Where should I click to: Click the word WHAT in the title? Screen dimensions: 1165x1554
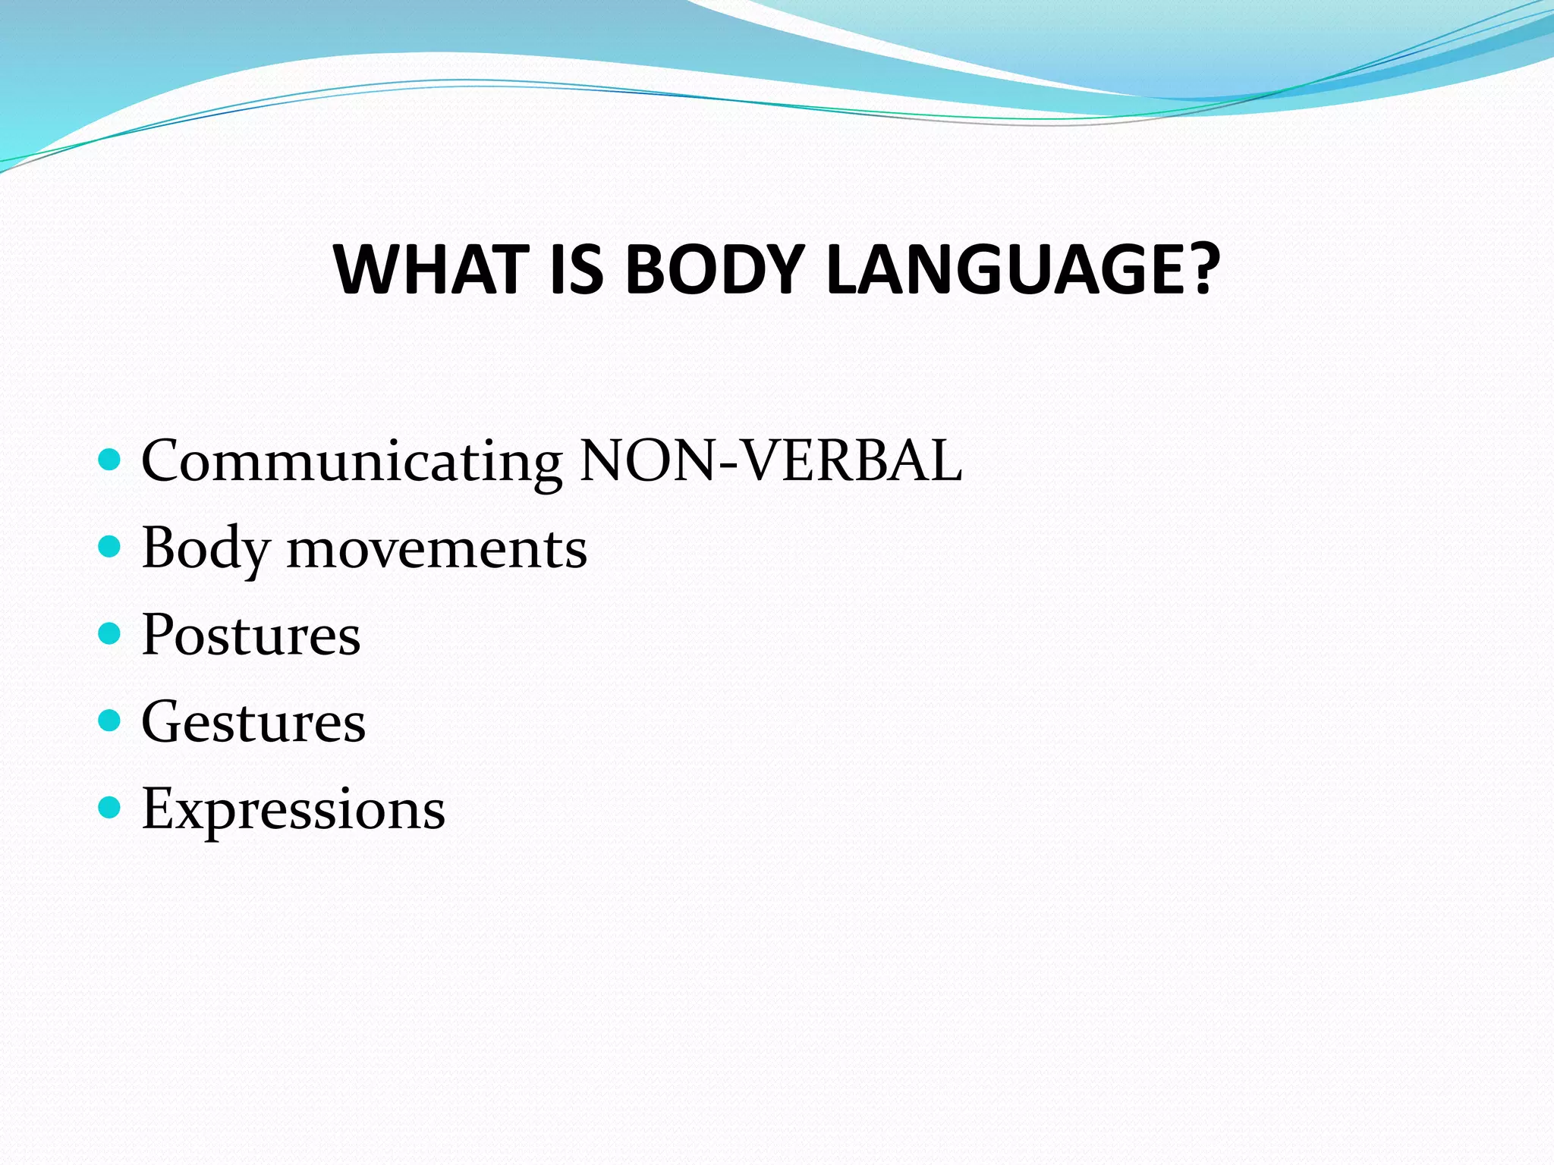click(x=430, y=270)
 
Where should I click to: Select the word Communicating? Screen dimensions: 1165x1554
click(x=351, y=461)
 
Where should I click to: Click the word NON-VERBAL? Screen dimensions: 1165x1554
click(x=770, y=460)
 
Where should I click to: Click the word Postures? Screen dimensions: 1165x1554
click(x=251, y=635)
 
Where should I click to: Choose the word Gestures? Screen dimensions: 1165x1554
click(x=253, y=723)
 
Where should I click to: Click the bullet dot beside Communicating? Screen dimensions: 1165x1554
click(x=110, y=460)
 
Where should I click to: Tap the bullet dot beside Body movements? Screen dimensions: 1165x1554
click(x=110, y=546)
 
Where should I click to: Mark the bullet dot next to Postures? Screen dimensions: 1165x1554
click(x=110, y=633)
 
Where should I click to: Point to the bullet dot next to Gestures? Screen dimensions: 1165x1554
click(x=110, y=721)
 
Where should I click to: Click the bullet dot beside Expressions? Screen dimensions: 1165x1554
click(x=110, y=808)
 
